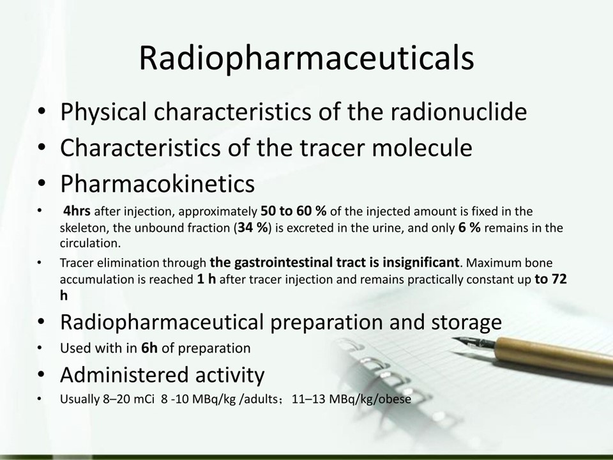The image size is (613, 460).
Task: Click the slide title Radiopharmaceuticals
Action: point(306,59)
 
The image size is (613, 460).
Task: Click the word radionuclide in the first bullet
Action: point(458,111)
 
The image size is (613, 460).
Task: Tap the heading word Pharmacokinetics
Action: point(158,183)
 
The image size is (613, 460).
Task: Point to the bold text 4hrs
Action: point(77,211)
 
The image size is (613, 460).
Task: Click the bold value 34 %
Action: point(253,227)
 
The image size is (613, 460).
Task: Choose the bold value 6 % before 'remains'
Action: point(469,227)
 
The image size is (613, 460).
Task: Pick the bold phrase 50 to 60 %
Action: point(293,211)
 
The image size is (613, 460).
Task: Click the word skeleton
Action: point(83,227)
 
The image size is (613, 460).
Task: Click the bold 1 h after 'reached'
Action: point(206,279)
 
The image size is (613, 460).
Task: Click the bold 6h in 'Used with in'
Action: point(149,348)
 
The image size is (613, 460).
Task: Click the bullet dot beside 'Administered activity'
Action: point(41,374)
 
